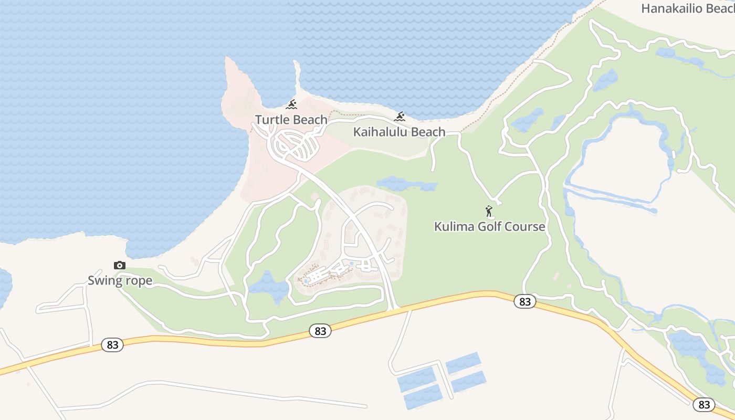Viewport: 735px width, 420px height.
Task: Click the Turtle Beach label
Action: coord(291,120)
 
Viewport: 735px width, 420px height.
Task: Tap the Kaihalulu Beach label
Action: coord(399,132)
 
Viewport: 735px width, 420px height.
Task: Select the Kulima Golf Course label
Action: coord(489,227)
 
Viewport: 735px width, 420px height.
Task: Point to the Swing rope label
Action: coord(120,280)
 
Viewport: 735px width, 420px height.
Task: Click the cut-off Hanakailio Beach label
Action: coord(687,8)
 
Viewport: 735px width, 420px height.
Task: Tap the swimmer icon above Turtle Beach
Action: coord(291,104)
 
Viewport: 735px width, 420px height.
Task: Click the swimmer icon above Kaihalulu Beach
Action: coord(400,117)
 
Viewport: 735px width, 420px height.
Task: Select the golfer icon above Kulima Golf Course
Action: coord(489,211)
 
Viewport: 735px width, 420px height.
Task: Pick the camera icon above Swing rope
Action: coord(120,266)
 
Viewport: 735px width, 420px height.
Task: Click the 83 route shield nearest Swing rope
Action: coord(112,345)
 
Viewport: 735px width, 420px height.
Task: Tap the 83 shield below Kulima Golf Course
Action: coord(525,301)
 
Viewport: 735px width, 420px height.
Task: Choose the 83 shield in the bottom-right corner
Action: coord(703,404)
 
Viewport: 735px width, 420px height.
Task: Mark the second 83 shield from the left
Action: coord(320,331)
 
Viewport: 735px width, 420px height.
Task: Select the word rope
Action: coord(139,280)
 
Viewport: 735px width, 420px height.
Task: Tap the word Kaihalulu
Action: coord(377,132)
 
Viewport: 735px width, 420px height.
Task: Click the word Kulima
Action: coord(452,227)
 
